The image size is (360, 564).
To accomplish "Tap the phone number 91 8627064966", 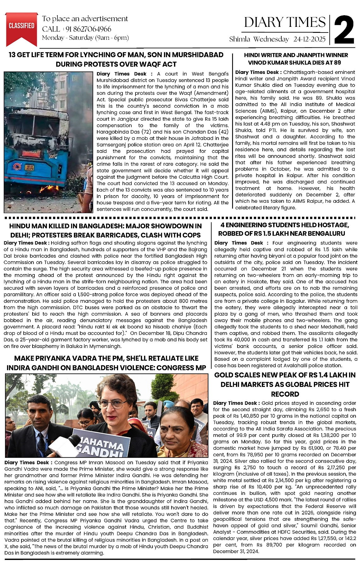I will [x=88, y=29].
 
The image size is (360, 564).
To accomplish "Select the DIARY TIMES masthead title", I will [x=285, y=22].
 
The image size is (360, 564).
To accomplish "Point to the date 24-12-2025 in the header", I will [x=309, y=39].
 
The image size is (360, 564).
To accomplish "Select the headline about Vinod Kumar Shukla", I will [x=296, y=59].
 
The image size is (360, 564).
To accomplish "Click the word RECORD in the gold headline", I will [x=285, y=394].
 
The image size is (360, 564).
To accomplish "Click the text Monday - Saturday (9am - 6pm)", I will [x=85, y=38].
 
